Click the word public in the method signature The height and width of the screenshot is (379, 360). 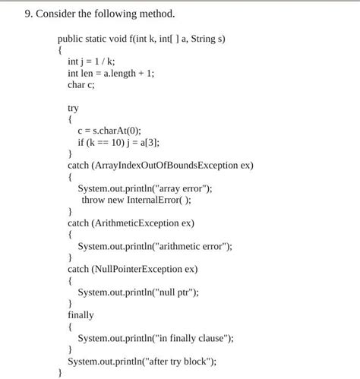coord(71,39)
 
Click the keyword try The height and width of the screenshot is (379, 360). coord(74,109)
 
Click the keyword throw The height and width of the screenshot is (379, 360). coord(93,200)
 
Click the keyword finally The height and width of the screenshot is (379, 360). coord(81,314)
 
